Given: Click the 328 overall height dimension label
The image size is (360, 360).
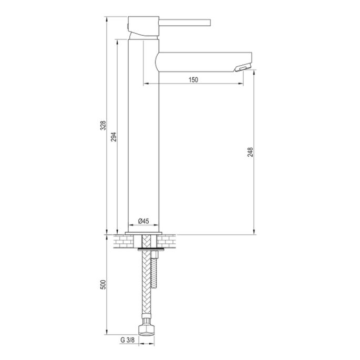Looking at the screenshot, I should (104, 126).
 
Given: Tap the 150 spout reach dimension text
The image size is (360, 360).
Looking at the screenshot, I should (193, 79).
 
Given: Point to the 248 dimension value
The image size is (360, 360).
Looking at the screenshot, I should (251, 152).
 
